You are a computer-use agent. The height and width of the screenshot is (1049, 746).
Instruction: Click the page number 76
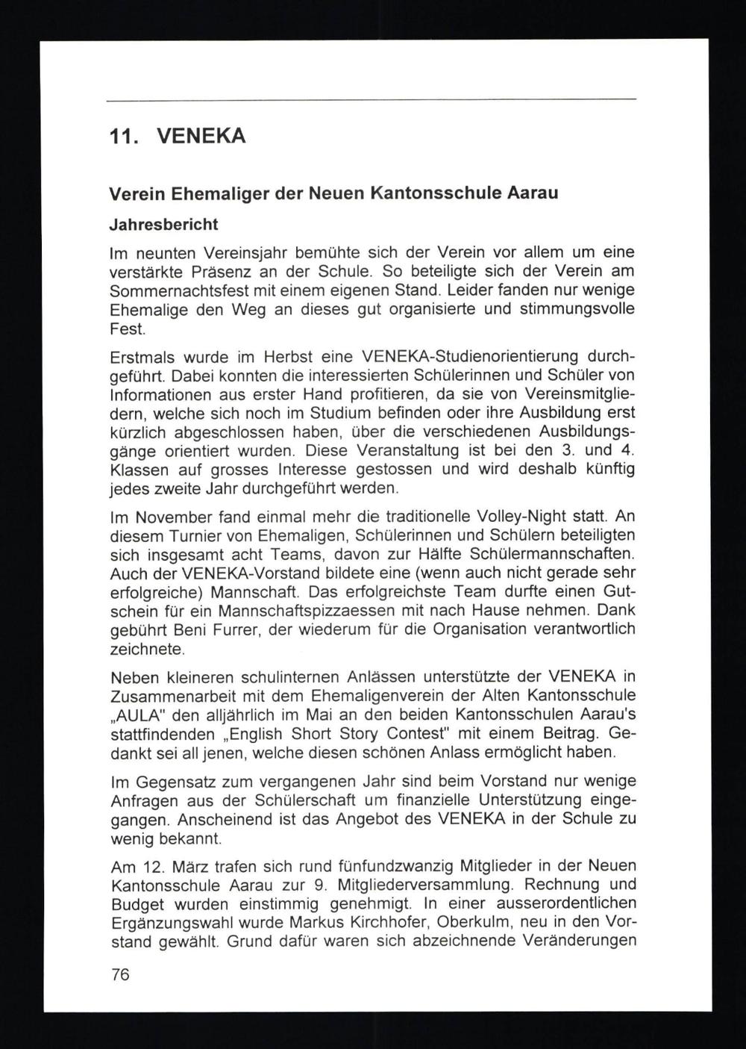click(119, 974)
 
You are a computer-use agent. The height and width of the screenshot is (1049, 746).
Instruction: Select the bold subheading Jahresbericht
click(163, 223)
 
